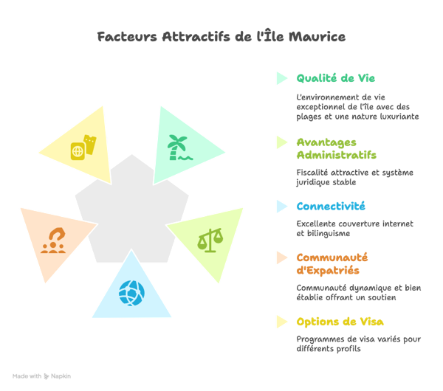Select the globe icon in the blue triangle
tap(133, 292)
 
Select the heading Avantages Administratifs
tap(336, 148)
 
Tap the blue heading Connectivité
tap(331, 207)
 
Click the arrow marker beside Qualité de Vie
tap(281, 77)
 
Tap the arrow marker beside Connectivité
tap(281, 207)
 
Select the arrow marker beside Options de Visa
tap(281, 322)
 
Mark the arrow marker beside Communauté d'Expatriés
tap(281, 257)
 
